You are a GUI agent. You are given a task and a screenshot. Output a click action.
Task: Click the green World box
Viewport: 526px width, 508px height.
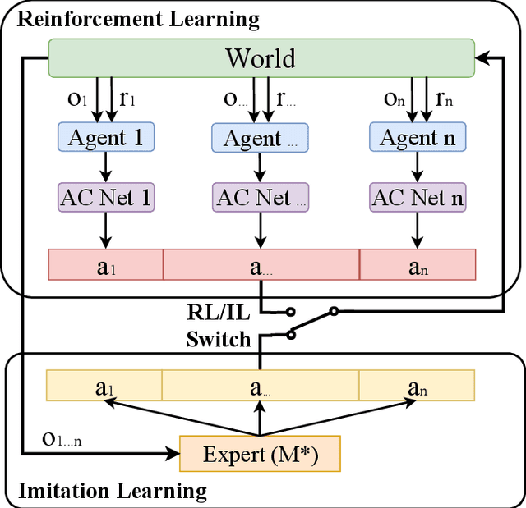[261, 59]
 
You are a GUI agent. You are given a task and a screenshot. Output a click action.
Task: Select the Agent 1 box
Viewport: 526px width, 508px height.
[104, 137]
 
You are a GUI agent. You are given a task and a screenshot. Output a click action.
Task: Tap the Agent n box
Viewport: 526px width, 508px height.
[417, 137]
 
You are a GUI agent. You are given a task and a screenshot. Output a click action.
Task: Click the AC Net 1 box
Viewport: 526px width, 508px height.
[104, 198]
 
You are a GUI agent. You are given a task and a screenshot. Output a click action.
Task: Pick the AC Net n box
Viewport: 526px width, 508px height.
[417, 198]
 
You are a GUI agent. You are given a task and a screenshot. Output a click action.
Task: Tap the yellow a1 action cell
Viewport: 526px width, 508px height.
[104, 387]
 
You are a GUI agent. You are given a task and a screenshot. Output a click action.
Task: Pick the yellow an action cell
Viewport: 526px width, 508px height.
[417, 387]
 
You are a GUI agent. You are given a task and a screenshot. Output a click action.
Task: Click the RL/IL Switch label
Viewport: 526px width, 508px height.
[219, 326]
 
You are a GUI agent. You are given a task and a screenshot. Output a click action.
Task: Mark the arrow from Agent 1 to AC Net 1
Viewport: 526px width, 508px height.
[104, 167]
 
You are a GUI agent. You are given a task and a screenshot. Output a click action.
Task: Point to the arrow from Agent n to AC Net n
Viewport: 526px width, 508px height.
[417, 167]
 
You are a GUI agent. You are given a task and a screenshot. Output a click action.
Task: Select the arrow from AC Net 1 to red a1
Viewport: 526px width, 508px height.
[104, 230]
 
